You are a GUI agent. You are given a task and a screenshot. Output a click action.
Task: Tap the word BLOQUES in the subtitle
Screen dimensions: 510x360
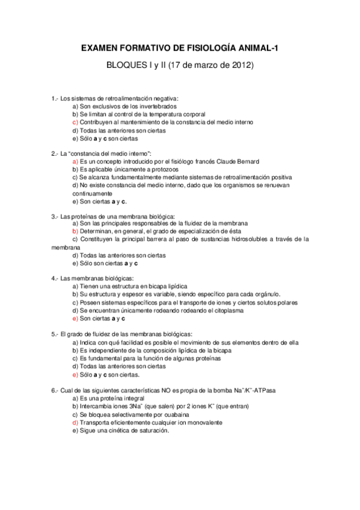coord(126,64)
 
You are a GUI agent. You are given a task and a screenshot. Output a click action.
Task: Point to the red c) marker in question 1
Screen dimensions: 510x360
coord(75,122)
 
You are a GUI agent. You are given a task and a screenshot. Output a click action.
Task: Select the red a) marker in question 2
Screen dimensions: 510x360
coord(75,162)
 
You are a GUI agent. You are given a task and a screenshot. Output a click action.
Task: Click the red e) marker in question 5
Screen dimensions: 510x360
coord(75,374)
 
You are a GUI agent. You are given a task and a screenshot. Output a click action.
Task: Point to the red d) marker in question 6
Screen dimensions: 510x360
coord(75,422)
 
